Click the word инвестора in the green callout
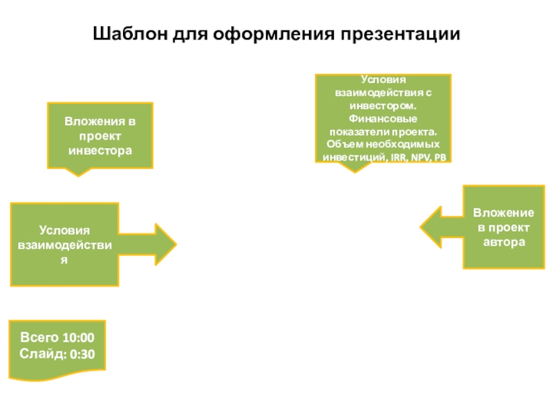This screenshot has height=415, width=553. pyautogui.click(x=100, y=151)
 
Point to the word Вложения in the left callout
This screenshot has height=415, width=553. pyautogui.click(x=95, y=122)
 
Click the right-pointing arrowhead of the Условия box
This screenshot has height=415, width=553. pyautogui.click(x=166, y=244)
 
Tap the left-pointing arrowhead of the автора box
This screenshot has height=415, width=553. pyautogui.click(x=431, y=228)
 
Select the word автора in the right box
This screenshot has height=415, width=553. pyautogui.click(x=504, y=242)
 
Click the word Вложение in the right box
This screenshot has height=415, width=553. pyautogui.click(x=504, y=213)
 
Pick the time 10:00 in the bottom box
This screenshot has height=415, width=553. pyautogui.click(x=79, y=338)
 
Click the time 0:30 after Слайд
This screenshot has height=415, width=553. pyautogui.click(x=82, y=354)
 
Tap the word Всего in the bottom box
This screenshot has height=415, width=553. pyautogui.click(x=40, y=338)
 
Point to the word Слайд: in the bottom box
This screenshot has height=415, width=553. pyautogui.click(x=43, y=353)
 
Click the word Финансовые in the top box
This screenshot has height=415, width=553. pyautogui.click(x=383, y=118)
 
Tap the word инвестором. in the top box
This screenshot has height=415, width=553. pyautogui.click(x=383, y=106)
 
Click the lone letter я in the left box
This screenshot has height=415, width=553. pyautogui.click(x=64, y=261)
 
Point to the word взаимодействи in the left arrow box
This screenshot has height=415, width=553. pyautogui.click(x=65, y=245)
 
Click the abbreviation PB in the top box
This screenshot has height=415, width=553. pyautogui.click(x=440, y=158)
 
